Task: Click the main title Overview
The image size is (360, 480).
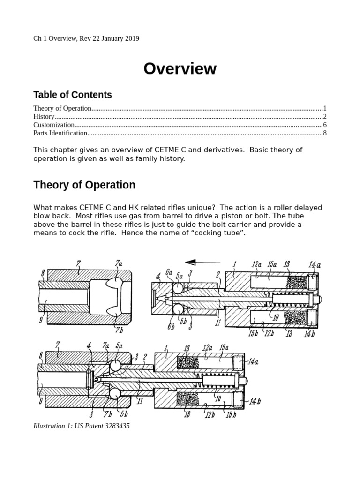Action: coord(180,69)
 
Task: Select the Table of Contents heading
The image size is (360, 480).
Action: coord(73,95)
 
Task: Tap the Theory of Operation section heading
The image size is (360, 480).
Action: coord(84,185)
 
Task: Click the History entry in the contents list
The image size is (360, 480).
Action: coord(44,117)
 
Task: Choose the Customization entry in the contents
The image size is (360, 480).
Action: coord(54,125)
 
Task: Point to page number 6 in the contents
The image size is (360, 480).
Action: coord(324,125)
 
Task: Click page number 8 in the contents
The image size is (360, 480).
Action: coord(324,133)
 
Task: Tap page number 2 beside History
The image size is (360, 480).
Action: coord(324,117)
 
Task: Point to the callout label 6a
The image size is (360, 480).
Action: coord(168,272)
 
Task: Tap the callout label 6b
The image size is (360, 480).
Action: coord(171,326)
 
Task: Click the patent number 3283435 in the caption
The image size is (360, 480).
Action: coord(113,426)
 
